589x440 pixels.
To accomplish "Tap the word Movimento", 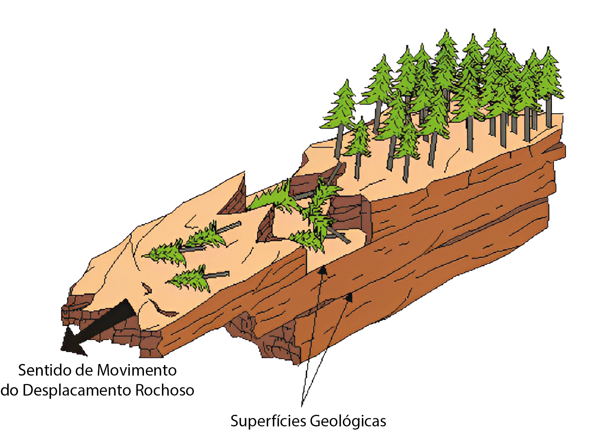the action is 137,370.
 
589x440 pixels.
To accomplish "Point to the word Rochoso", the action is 164,391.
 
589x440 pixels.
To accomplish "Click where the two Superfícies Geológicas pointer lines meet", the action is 302,406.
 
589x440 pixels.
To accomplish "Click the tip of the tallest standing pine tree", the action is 494,29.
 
